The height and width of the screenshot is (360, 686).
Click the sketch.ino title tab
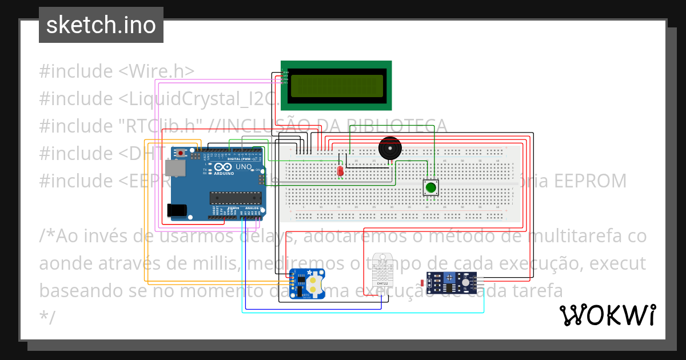click(101, 25)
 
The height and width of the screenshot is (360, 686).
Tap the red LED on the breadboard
click(340, 170)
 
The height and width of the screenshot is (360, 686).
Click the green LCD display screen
click(336, 86)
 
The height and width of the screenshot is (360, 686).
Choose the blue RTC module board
click(307, 283)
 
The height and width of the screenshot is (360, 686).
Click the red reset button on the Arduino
click(181, 153)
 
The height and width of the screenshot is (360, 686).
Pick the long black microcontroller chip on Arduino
click(234, 198)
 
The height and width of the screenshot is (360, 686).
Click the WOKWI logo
click(607, 315)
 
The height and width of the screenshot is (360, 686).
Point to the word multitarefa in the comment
click(578, 236)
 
